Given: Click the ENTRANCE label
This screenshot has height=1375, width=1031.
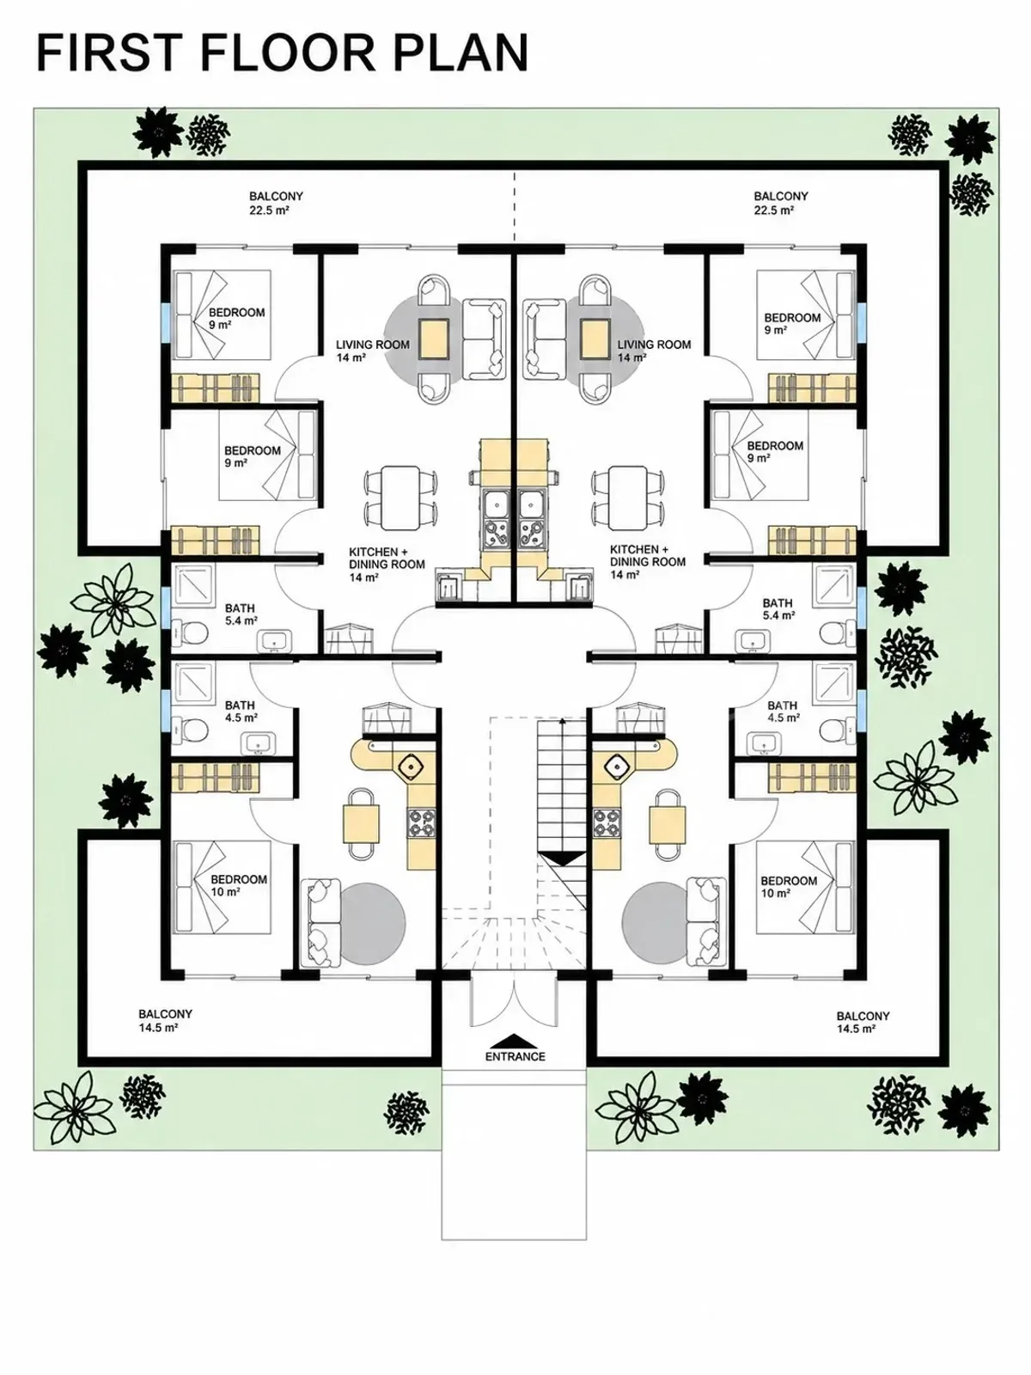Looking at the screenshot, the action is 515,1056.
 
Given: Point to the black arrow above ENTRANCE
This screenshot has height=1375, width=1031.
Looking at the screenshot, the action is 515,1039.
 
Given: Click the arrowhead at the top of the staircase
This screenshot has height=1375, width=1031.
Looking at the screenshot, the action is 562,721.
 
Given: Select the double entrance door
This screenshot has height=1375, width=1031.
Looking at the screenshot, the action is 513,1000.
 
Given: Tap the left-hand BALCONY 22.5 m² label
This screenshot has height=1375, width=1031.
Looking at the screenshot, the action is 276,203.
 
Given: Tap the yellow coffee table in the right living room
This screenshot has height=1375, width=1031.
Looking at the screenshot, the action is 595,339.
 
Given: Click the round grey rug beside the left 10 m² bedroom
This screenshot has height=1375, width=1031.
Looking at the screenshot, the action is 373,923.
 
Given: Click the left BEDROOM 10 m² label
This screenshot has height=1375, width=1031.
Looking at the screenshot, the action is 239,885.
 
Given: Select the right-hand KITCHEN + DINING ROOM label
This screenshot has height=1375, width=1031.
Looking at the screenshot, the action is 647,562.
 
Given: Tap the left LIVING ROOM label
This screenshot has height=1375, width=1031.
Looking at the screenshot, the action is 373,351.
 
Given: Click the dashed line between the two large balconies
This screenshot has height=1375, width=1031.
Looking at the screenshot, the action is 515,206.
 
